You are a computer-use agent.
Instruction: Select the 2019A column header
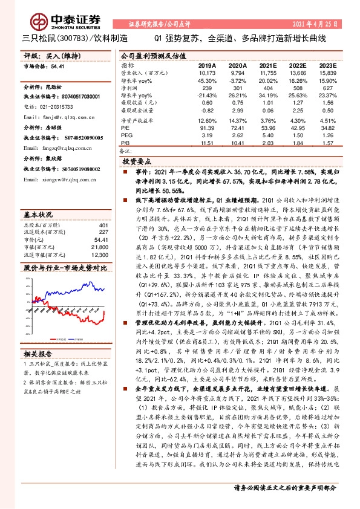tap(207, 64)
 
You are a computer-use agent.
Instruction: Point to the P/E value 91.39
tap(207, 129)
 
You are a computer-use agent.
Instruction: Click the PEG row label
tap(126, 136)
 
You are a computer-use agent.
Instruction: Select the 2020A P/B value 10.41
tap(237, 143)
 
